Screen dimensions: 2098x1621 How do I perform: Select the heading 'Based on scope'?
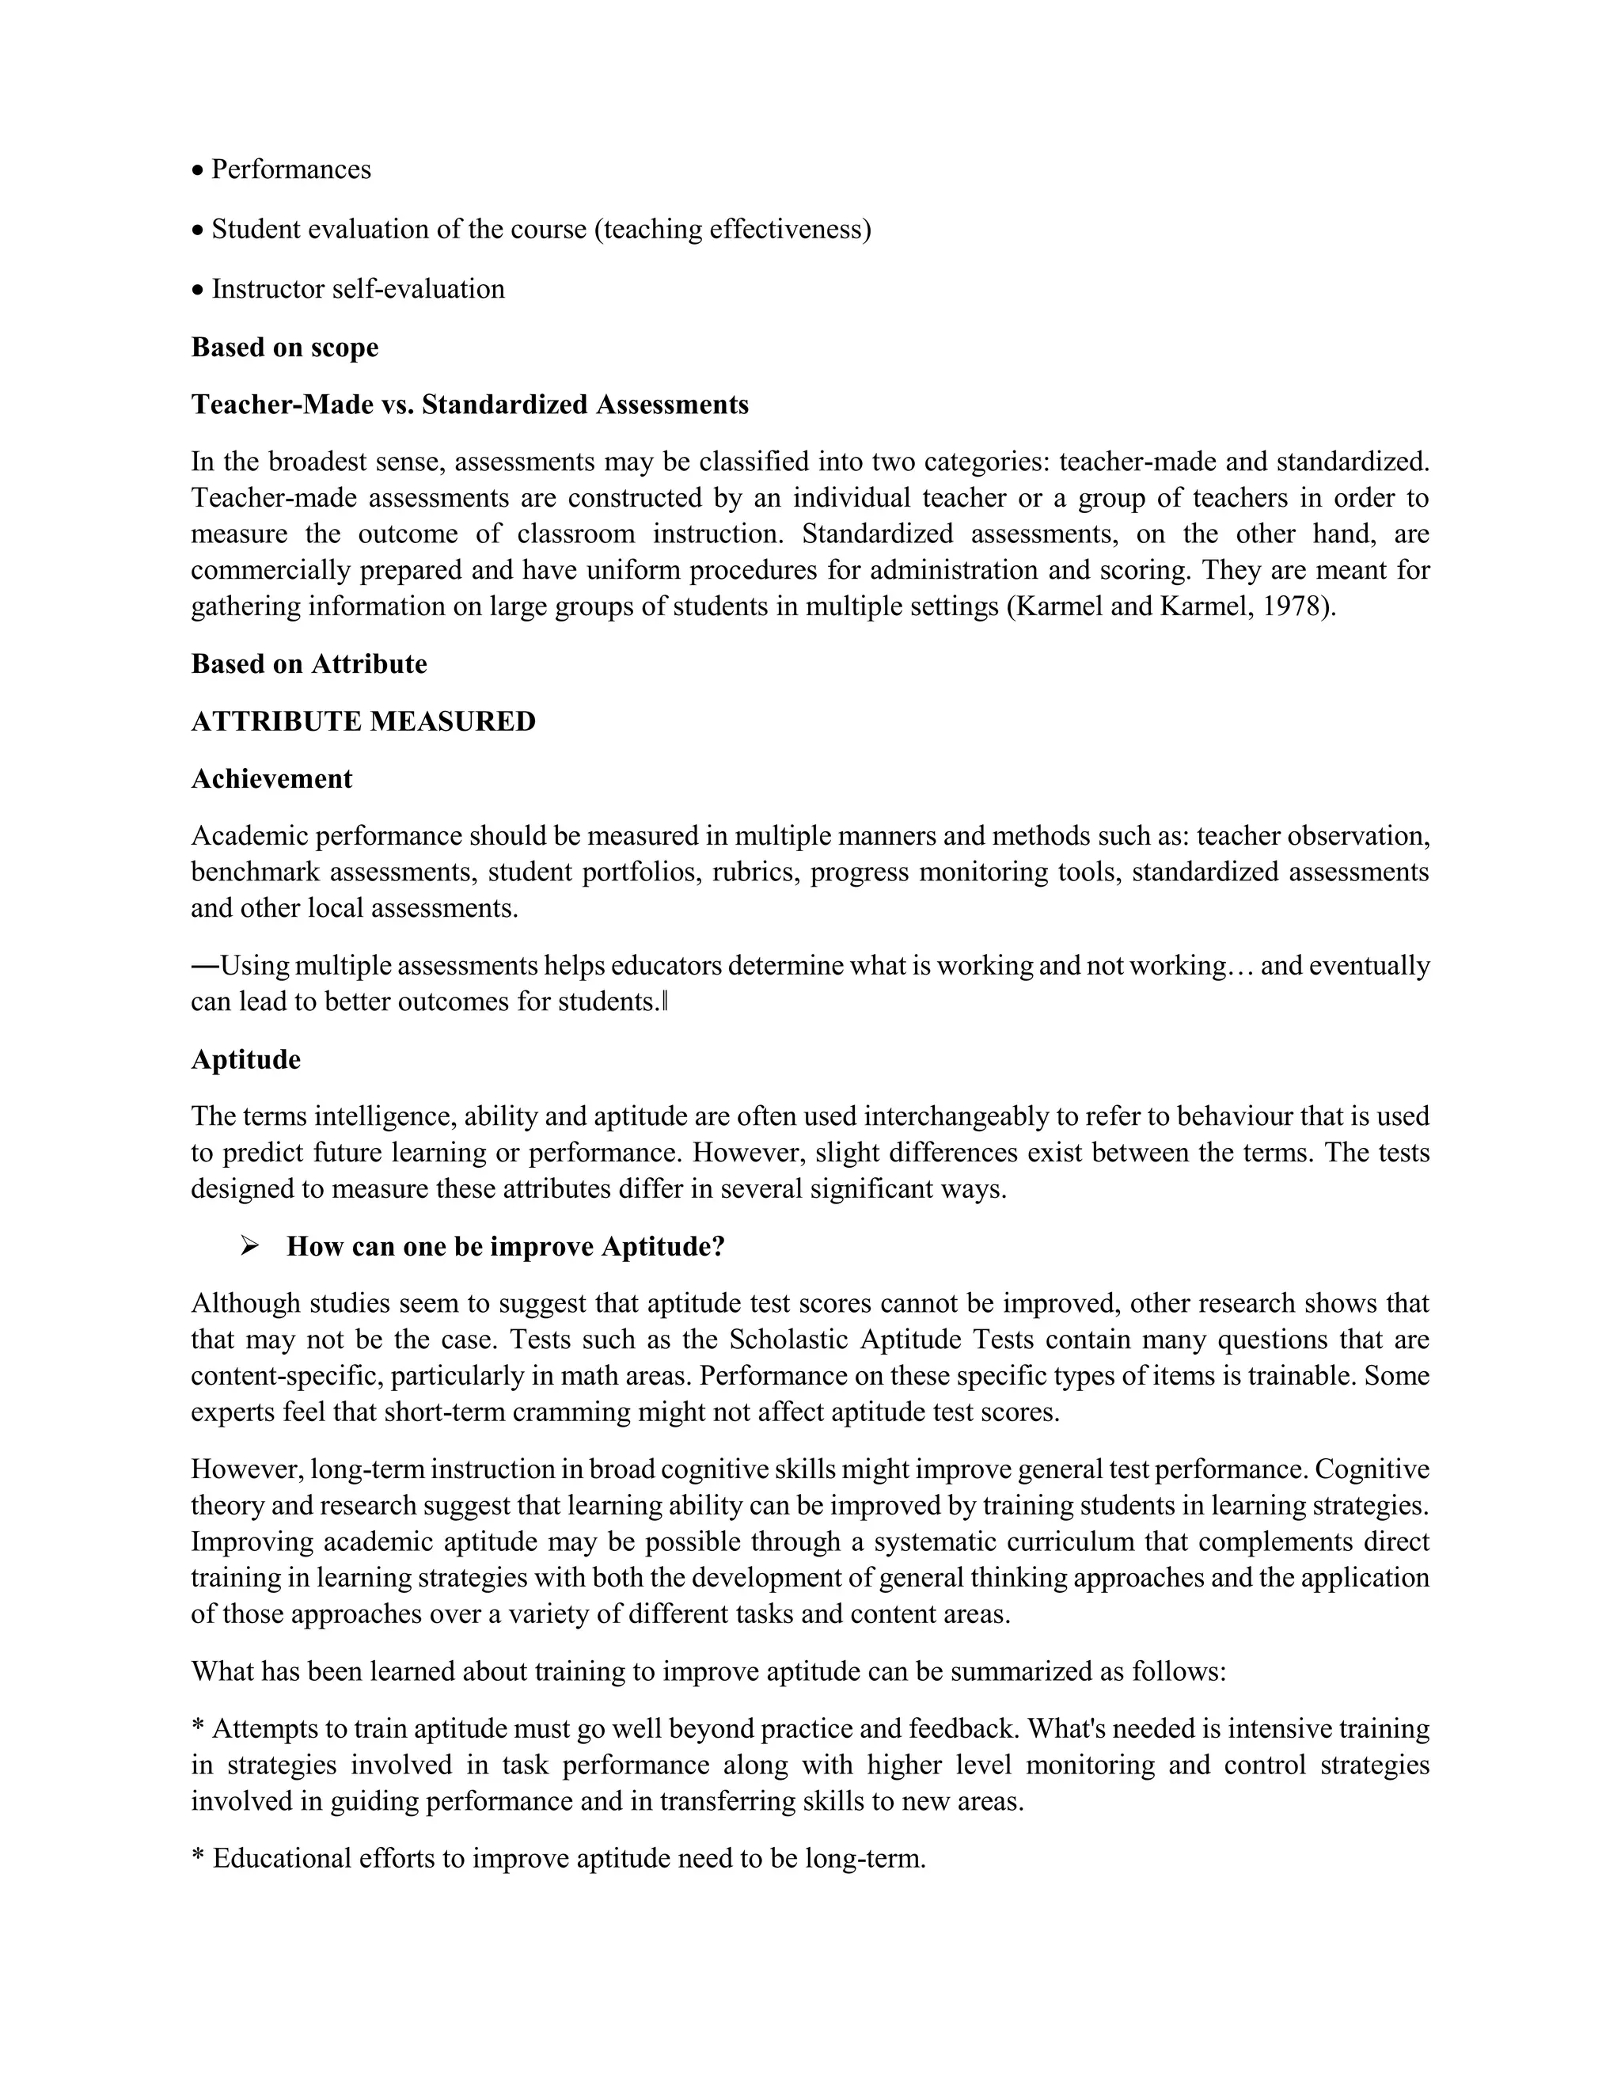284,347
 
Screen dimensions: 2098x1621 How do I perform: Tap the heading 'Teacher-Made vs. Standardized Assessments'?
469,405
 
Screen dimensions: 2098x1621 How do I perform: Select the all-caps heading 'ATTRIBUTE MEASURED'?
363,721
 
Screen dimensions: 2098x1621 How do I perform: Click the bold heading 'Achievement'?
271,779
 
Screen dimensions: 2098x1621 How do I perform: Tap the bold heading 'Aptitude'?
246,1059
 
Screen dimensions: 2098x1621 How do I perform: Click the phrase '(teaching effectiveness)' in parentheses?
733,230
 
